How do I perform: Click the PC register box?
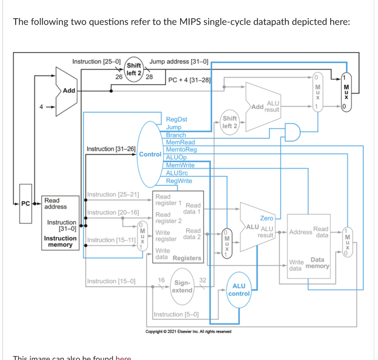pyautogui.click(x=25, y=204)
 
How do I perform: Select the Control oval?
pyautogui.click(x=150, y=154)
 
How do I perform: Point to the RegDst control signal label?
pyautogui.click(x=176, y=119)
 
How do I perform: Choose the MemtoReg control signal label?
pyautogui.click(x=181, y=150)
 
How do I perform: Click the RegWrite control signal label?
pyautogui.click(x=179, y=181)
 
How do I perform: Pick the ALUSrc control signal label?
pyautogui.click(x=177, y=173)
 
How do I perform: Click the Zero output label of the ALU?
pyautogui.click(x=267, y=218)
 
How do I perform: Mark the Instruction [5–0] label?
pyautogui.click(x=176, y=314)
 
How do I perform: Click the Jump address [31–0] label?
pyautogui.click(x=179, y=62)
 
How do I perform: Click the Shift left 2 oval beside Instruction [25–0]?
pyautogui.click(x=134, y=69)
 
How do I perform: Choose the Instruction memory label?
pyautogui.click(x=60, y=241)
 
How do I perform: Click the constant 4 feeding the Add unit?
pyautogui.click(x=42, y=107)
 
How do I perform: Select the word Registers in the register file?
pyautogui.click(x=187, y=258)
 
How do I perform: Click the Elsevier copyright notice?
pyautogui.click(x=188, y=331)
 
